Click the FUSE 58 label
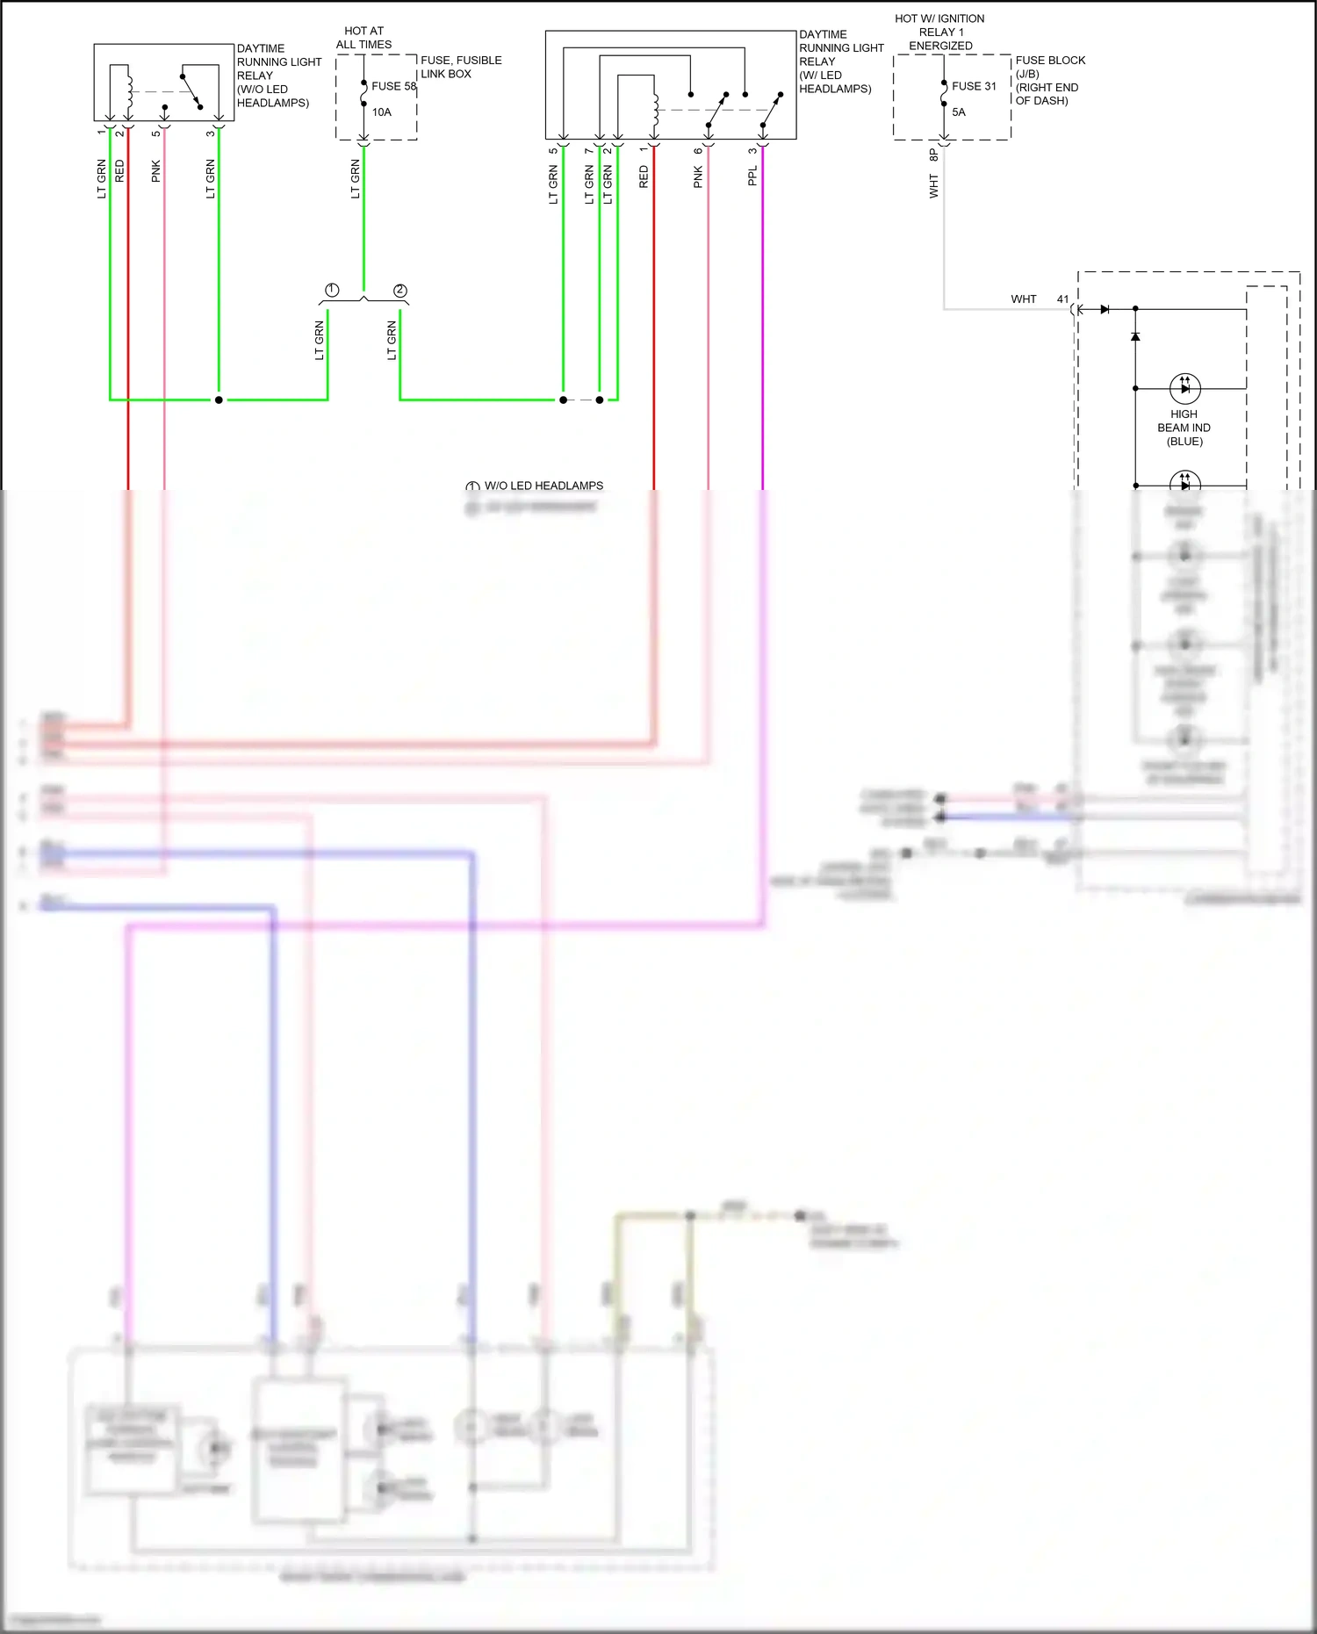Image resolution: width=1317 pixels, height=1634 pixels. click(x=393, y=86)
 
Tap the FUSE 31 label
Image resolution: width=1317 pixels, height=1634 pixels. click(x=974, y=86)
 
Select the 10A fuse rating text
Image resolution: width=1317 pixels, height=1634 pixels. click(x=381, y=112)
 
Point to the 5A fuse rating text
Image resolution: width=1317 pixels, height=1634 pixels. click(x=959, y=112)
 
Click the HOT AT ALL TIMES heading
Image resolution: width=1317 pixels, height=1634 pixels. click(x=363, y=38)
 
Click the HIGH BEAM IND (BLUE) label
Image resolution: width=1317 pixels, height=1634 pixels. click(x=1184, y=428)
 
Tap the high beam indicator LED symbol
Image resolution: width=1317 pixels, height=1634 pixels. click(x=1184, y=387)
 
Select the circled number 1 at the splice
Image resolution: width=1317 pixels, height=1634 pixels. click(x=332, y=291)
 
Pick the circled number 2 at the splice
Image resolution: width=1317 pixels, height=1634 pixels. click(x=400, y=291)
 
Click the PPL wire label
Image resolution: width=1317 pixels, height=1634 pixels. click(x=752, y=176)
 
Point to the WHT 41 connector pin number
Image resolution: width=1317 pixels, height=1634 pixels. click(x=1062, y=299)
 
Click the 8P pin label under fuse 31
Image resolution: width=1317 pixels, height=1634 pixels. click(x=933, y=155)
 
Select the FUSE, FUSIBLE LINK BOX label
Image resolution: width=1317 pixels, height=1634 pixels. click(x=461, y=67)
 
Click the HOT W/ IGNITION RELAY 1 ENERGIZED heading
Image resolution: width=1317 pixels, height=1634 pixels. click(x=939, y=32)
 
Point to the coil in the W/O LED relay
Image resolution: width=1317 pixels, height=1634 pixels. click(x=129, y=90)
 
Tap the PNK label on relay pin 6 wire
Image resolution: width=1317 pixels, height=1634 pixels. click(x=698, y=177)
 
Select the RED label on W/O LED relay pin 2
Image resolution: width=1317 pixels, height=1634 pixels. click(x=119, y=171)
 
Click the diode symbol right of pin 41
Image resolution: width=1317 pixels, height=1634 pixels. click(x=1105, y=309)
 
